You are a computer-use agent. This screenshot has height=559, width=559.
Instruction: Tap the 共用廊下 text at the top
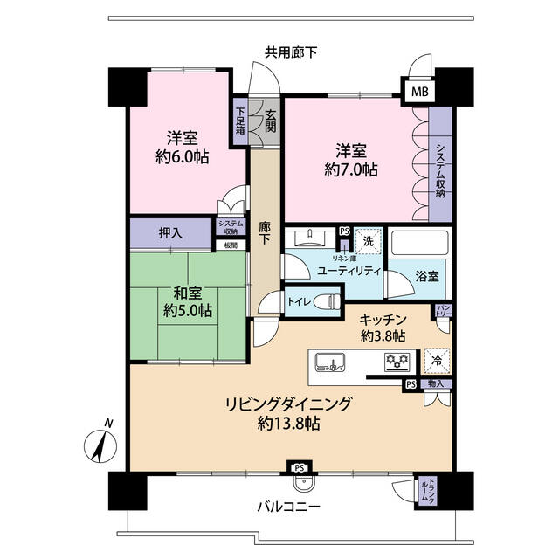(x=291, y=52)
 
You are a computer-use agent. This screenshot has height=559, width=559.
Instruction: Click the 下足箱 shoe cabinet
(x=240, y=124)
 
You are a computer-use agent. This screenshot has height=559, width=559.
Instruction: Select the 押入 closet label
(x=170, y=233)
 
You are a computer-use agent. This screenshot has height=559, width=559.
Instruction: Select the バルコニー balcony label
(x=289, y=507)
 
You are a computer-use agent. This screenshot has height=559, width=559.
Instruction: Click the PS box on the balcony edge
(x=300, y=469)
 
